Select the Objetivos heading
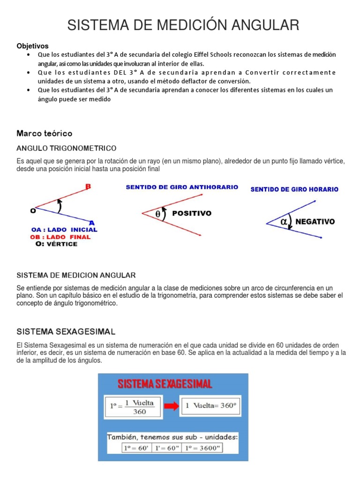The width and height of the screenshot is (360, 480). pos(32,46)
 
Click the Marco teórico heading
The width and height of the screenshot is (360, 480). pos(45,134)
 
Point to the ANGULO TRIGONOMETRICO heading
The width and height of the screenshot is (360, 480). pos(66,148)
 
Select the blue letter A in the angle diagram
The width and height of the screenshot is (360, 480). pos(92,222)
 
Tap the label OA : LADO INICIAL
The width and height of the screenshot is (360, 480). pos(64,230)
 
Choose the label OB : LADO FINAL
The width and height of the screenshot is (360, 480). pos(60,237)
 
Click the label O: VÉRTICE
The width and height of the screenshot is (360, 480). pos(56,244)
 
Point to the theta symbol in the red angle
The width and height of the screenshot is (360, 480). pos(157,214)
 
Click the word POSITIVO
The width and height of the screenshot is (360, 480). pos(192,213)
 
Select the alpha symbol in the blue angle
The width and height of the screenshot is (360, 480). pos(284,222)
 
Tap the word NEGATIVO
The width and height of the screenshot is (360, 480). pos(315,222)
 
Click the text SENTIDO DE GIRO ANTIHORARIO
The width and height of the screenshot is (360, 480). pos(182,187)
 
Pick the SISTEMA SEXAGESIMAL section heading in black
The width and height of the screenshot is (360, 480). pos(66,332)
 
